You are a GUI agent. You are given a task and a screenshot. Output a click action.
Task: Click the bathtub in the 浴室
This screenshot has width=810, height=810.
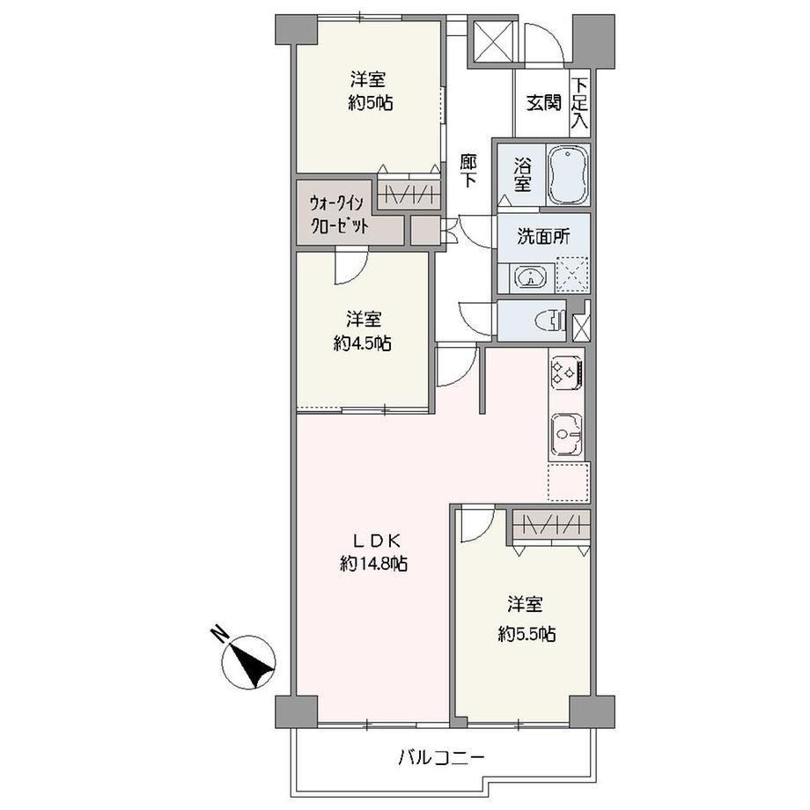pos(568,175)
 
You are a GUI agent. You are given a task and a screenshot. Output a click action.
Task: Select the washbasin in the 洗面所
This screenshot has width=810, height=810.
pos(529,278)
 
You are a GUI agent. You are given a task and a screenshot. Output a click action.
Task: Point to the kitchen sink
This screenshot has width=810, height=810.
pos(567,433)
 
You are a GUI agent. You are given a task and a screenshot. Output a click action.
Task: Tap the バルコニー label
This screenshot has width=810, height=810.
pos(442,758)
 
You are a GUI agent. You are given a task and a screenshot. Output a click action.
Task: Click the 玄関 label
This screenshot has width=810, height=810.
pos(543,103)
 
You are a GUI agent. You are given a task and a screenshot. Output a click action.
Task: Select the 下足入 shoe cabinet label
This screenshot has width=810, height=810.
pos(580,103)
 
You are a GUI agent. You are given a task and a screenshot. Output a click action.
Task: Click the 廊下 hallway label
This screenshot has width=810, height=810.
pos(468,171)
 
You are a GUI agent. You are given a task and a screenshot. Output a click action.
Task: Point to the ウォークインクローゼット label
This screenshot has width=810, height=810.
pos(338,214)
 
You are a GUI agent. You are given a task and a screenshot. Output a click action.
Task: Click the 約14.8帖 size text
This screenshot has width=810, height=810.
pos(374,563)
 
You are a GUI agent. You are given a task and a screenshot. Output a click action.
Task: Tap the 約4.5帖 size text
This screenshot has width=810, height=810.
pos(362,342)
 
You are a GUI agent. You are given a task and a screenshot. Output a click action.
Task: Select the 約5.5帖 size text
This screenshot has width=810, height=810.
pos(526,633)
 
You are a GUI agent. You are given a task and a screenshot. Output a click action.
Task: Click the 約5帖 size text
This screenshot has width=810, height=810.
pos(371,103)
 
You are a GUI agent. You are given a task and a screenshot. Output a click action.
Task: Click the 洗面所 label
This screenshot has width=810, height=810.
pos(543,237)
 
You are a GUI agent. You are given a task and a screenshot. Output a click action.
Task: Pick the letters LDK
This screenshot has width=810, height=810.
pos(377,541)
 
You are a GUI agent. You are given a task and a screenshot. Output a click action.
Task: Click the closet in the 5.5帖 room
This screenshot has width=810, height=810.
pos(552,525)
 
